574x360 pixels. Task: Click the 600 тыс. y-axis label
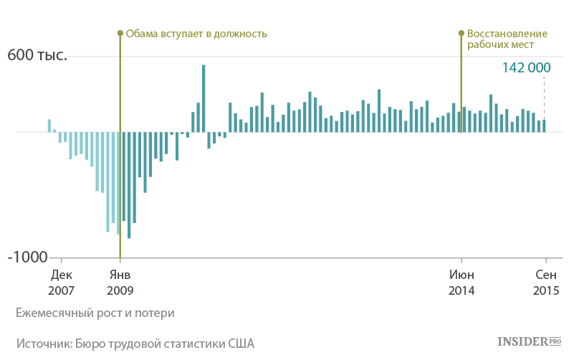[x=37, y=55]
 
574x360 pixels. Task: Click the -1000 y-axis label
[x=27, y=257]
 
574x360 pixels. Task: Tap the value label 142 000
[x=526, y=67]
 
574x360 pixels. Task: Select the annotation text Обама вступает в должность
[x=196, y=33]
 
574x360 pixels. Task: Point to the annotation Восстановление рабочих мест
[x=507, y=39]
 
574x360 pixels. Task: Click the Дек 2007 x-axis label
[x=61, y=283]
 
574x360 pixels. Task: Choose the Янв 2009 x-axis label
[x=120, y=283]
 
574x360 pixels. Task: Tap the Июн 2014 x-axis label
[x=461, y=283]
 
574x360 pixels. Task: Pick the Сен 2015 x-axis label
[x=546, y=283]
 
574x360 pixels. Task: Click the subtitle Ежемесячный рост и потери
[x=95, y=313]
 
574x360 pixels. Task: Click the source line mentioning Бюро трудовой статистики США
[x=135, y=344]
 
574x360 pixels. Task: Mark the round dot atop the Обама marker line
[x=120, y=33]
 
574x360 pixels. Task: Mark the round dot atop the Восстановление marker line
[x=461, y=33]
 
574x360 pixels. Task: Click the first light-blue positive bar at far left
[x=49, y=125]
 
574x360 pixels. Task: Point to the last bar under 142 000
[x=544, y=125]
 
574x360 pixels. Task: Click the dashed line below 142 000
[x=544, y=97]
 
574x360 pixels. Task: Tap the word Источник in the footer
[x=42, y=344]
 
